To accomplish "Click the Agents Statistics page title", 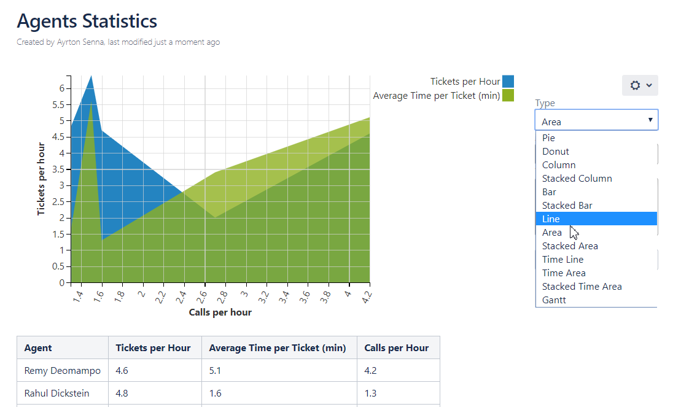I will tap(87, 21).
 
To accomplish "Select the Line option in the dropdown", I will tap(551, 219).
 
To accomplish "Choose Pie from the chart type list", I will tap(548, 138).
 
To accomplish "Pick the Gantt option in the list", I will tap(554, 300).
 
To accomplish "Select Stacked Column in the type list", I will tap(577, 178).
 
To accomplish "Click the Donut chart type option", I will tap(555, 151).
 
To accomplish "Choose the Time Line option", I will tap(562, 259).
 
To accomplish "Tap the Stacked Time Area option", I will tap(582, 286).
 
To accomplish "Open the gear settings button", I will tap(640, 85).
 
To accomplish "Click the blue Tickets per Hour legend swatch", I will tap(508, 82).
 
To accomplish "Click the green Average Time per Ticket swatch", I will tap(508, 95).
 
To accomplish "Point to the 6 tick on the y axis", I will tap(61, 88).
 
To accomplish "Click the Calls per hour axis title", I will tap(220, 312).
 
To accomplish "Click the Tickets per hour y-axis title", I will tap(42, 179).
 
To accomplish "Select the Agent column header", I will tap(38, 347).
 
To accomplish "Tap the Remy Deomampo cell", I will tap(62, 371).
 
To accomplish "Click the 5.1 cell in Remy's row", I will tap(217, 371).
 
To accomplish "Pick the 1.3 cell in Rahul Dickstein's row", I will tap(370, 393).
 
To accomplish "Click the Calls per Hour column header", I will tap(396, 347).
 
